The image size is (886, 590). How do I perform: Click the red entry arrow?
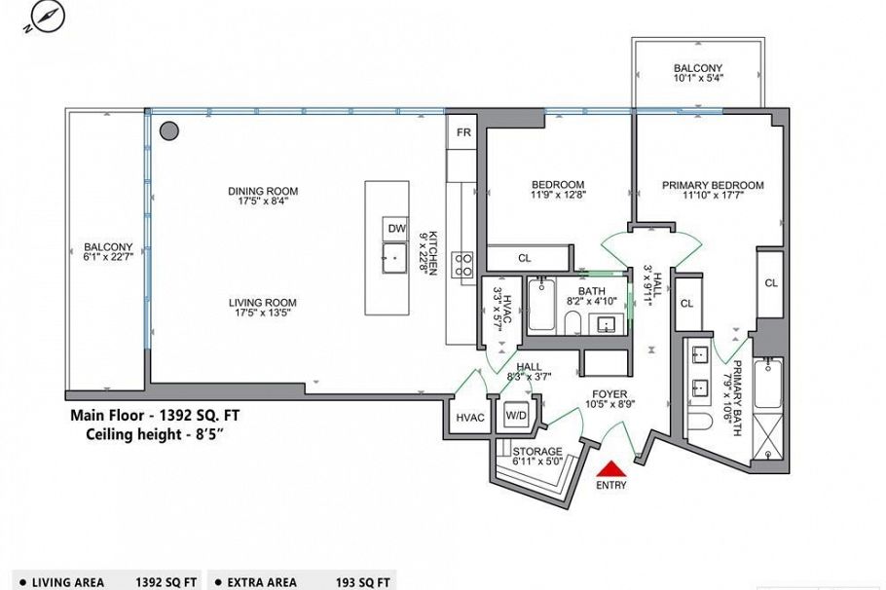click(610, 469)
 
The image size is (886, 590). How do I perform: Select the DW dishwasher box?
click(396, 229)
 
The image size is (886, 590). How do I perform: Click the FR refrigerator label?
click(463, 132)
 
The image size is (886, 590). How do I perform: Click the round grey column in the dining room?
click(169, 131)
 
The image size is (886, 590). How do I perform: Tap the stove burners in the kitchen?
click(462, 265)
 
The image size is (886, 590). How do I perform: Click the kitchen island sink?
click(394, 258)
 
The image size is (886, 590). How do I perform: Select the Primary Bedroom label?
click(713, 185)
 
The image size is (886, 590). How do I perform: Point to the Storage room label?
click(537, 452)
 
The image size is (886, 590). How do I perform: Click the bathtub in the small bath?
click(541, 304)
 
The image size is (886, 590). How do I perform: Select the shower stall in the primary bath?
click(768, 438)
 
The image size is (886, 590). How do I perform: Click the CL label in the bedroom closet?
click(525, 258)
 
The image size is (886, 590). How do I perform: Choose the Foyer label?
click(609, 394)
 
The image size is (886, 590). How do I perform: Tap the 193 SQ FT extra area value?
click(362, 582)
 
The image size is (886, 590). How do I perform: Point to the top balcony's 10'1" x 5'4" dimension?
click(698, 79)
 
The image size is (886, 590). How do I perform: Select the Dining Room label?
click(263, 191)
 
